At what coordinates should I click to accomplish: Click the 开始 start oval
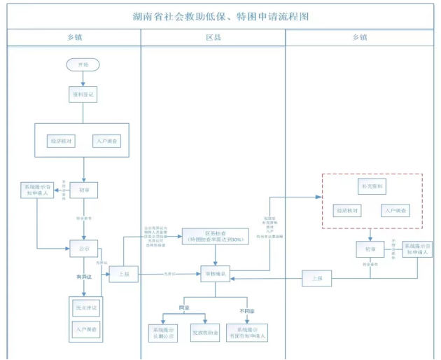pos(83,64)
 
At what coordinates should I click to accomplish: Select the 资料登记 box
pos(83,93)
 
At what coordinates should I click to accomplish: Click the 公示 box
pos(83,248)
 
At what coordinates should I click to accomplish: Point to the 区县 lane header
pos(213,37)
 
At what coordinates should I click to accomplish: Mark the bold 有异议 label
pos(83,278)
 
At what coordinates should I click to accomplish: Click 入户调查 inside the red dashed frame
pos(395,210)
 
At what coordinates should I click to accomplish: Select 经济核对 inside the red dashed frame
pos(347,210)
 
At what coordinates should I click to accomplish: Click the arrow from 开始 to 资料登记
pos(83,78)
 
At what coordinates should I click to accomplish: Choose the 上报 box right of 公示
pos(122,275)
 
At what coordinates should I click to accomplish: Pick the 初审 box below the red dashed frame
pos(370,249)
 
